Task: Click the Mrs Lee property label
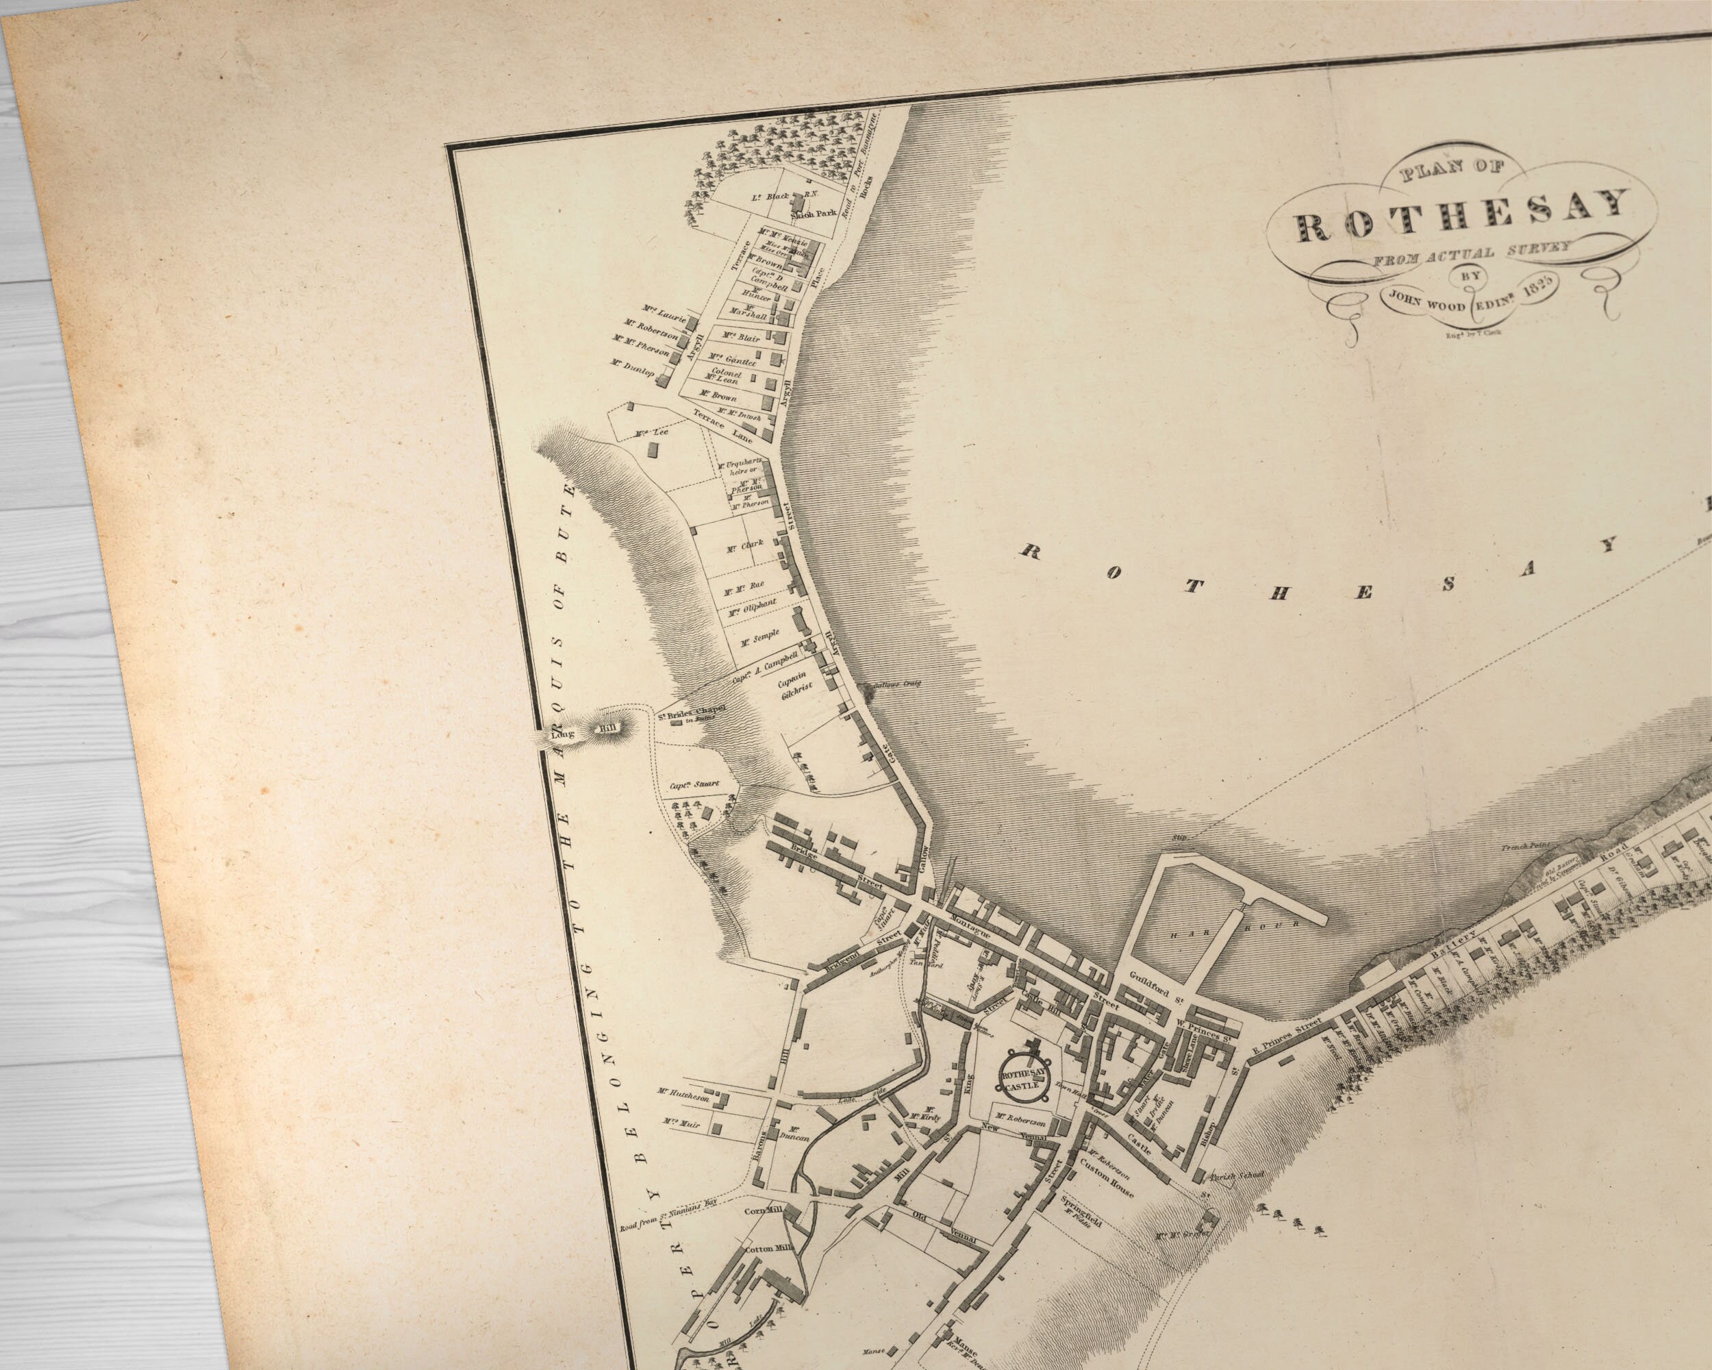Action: [652, 433]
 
